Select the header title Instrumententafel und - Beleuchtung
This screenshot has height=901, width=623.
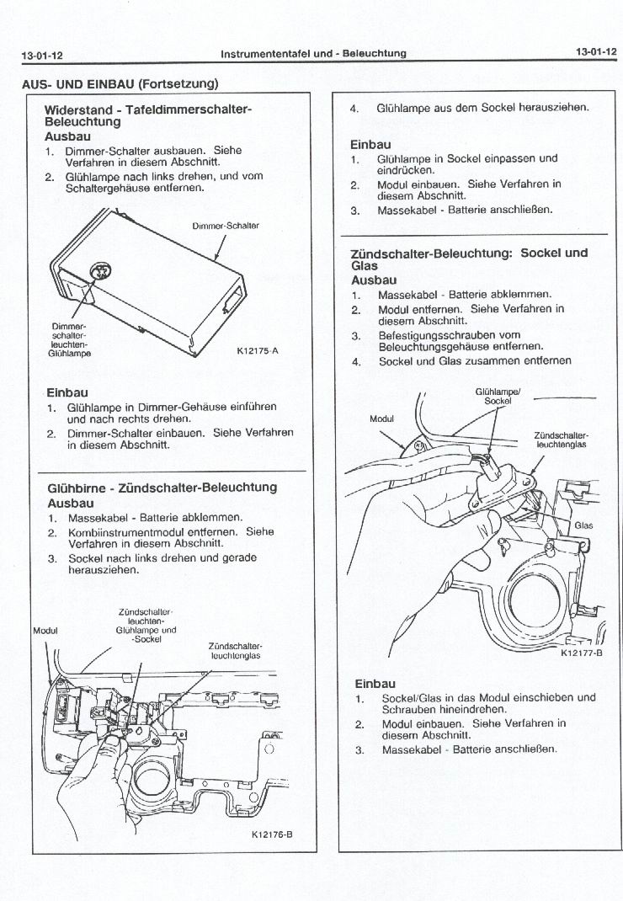click(x=313, y=53)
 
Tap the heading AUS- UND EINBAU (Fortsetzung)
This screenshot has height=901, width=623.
click(x=120, y=83)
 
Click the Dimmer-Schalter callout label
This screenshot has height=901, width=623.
click(x=225, y=226)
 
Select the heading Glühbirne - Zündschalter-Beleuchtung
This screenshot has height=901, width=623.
click(x=162, y=488)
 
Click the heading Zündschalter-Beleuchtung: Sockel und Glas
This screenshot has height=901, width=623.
click(x=469, y=259)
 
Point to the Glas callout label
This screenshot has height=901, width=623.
click(x=583, y=525)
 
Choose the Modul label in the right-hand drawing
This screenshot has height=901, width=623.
click(x=381, y=419)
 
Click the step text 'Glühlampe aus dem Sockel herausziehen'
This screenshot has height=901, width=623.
click(x=482, y=109)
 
